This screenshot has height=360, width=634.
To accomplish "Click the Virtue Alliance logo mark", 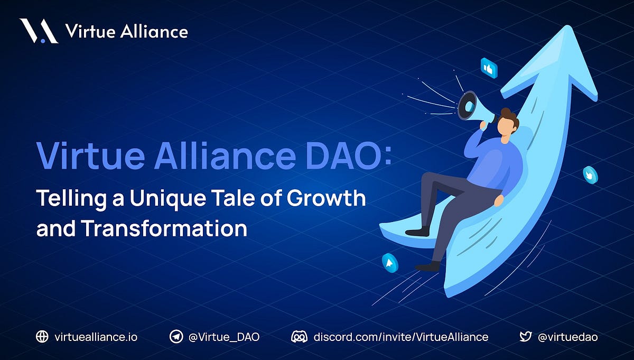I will pos(39,31).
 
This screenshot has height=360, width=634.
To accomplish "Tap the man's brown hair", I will pos(510,117).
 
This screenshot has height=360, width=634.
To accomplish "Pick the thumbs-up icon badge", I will pos(489,68).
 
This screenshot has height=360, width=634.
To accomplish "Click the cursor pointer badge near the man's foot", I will pos(390,262).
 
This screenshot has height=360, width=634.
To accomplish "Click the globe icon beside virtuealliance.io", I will pos(42,337).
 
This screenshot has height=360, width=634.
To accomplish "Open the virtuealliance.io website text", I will pos(96,337).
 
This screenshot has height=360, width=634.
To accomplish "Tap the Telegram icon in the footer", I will pos(176,337).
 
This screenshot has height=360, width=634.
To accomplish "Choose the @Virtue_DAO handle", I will pos(224,337).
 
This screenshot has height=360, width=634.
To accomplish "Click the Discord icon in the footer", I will pos(299,337).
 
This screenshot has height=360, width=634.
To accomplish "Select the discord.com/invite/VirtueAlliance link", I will pos(401,337).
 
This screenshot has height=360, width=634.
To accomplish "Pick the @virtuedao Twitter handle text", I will pos(567,337).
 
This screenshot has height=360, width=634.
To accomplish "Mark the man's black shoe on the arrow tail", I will pos(417,231).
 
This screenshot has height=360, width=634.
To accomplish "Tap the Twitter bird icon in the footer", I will pos(525,337).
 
